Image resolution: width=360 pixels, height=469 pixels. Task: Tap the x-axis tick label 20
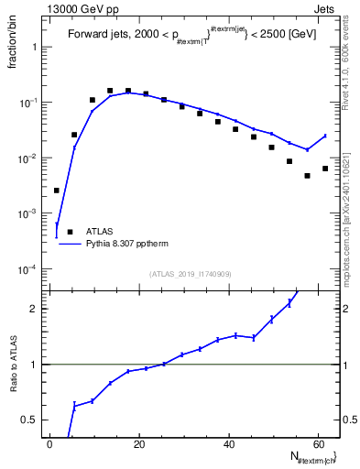(x=139, y=445)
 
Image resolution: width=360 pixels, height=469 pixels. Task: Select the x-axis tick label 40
(x=229, y=445)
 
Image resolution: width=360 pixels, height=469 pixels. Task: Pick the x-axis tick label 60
(x=319, y=445)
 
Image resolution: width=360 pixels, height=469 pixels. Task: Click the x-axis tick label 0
(x=49, y=445)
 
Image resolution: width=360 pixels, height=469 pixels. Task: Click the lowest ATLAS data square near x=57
(x=308, y=176)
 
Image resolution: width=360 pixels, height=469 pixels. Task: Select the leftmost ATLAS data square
(x=57, y=191)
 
